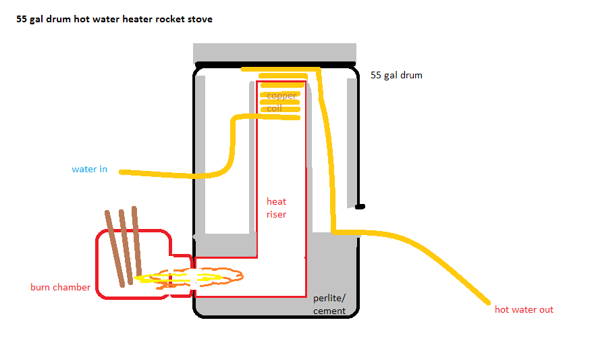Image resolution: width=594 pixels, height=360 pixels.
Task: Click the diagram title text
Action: [114, 20]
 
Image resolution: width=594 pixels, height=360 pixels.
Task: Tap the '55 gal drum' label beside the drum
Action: [396, 75]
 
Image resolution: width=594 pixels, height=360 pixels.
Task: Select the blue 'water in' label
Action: [90, 169]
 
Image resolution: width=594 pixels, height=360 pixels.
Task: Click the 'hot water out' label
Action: [524, 309]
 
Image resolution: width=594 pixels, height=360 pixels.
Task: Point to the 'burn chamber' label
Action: [60, 287]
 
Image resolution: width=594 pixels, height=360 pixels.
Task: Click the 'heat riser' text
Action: [276, 207]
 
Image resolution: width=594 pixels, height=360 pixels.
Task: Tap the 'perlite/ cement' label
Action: [329, 305]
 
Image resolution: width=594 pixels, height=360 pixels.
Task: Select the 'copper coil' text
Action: [281, 101]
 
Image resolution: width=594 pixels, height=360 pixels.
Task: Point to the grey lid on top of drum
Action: [275, 53]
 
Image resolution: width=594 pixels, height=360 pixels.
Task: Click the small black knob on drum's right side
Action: [360, 206]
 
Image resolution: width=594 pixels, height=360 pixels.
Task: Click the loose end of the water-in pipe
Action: [122, 172]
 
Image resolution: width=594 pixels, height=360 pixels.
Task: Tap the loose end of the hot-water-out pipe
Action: [488, 302]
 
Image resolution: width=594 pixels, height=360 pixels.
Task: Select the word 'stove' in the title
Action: [200, 20]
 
